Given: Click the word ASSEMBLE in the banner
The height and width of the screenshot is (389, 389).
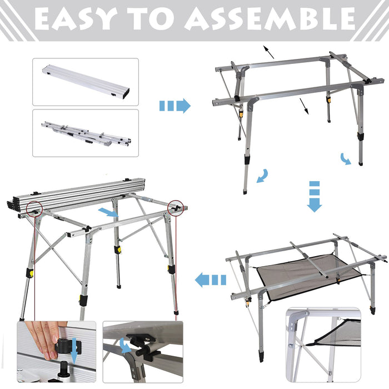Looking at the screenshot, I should pos(270,19).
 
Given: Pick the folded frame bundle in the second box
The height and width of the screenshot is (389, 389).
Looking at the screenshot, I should pos(86,133).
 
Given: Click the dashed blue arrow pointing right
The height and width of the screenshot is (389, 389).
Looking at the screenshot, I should pos(174,106).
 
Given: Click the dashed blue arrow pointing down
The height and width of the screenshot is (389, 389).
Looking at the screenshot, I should pos(315,196).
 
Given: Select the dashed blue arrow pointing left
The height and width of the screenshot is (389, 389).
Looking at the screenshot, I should pos(211,280).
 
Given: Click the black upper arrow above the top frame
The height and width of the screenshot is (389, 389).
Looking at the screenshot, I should pos(269,52).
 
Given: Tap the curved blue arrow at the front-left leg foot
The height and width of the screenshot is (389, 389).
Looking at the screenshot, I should pos(262,176).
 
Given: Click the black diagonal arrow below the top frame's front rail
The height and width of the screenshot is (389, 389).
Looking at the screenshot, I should pos(303,106).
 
